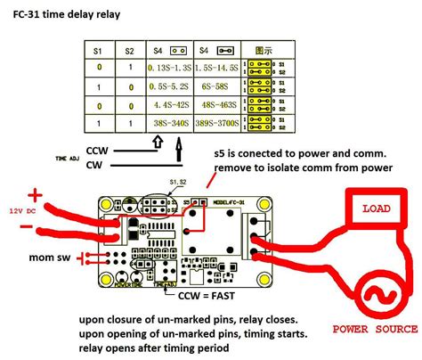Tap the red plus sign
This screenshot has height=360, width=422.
tap(37, 193)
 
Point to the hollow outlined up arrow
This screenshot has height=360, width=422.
tap(157, 140)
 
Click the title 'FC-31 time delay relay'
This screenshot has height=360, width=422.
tap(61, 16)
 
